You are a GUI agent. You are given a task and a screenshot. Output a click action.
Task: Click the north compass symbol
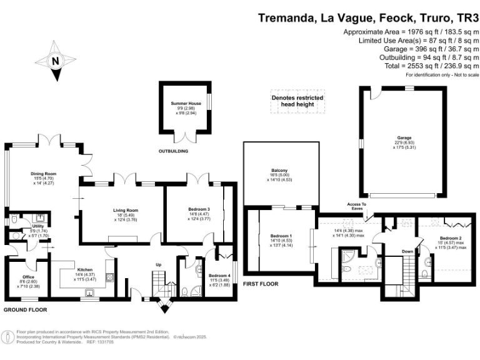click(56, 61)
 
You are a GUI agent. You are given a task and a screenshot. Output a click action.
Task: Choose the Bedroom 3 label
click(199, 209)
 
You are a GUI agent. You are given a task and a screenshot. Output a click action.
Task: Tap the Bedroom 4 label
click(219, 276)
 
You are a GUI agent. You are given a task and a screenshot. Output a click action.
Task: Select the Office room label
click(27, 277)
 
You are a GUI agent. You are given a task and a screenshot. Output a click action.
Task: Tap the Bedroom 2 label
click(450, 238)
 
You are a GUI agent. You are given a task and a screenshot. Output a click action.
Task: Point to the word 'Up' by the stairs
click(158, 265)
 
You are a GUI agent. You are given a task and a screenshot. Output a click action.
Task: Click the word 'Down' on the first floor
click(408, 252)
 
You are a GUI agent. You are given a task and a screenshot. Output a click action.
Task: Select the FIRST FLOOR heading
click(261, 284)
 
